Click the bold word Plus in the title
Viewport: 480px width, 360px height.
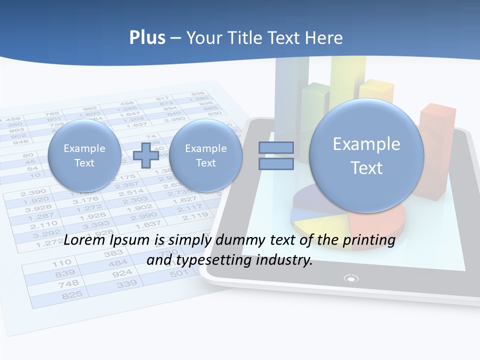pyautogui.click(x=147, y=38)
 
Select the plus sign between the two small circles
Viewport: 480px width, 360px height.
pyautogui.click(x=146, y=155)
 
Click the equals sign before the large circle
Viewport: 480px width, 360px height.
pyautogui.click(x=276, y=155)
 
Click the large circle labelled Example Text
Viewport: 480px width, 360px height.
pyautogui.click(x=366, y=155)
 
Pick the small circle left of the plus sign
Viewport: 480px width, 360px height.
pyautogui.click(x=84, y=155)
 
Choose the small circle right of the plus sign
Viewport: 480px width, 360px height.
pyautogui.click(x=205, y=155)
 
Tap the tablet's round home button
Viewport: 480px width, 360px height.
pyautogui.click(x=352, y=278)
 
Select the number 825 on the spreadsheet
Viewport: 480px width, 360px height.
pyautogui.click(x=72, y=295)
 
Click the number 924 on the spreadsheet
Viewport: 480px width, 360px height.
pyautogui.click(x=122, y=273)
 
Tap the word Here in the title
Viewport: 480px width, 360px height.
pyautogui.click(x=325, y=38)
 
